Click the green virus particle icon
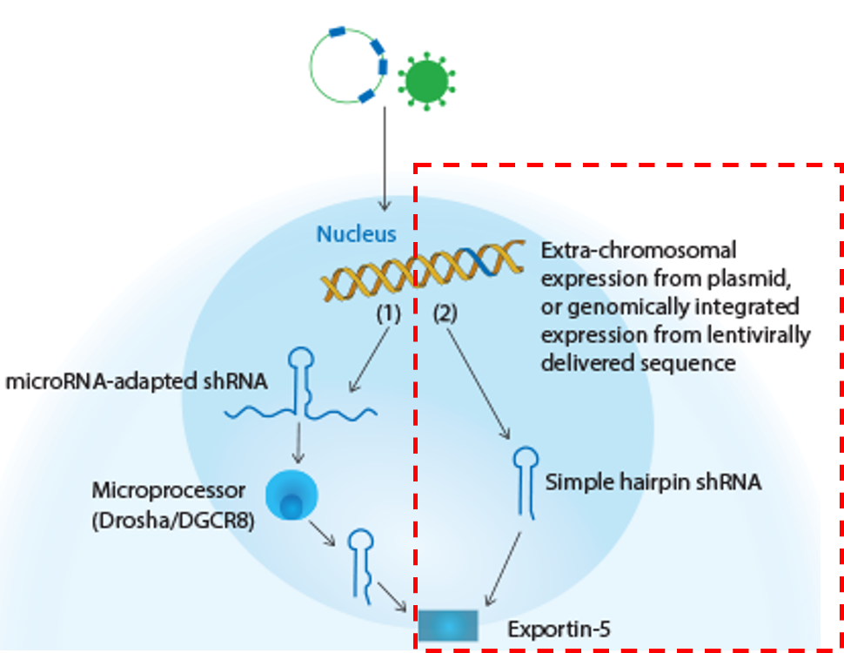coord(426,80)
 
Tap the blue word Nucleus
coord(356,234)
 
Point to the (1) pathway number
coord(388,315)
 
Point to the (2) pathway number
coord(445,315)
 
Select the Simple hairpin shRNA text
coord(653,481)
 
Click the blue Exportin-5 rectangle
coord(448,624)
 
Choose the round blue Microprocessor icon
coord(291,495)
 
